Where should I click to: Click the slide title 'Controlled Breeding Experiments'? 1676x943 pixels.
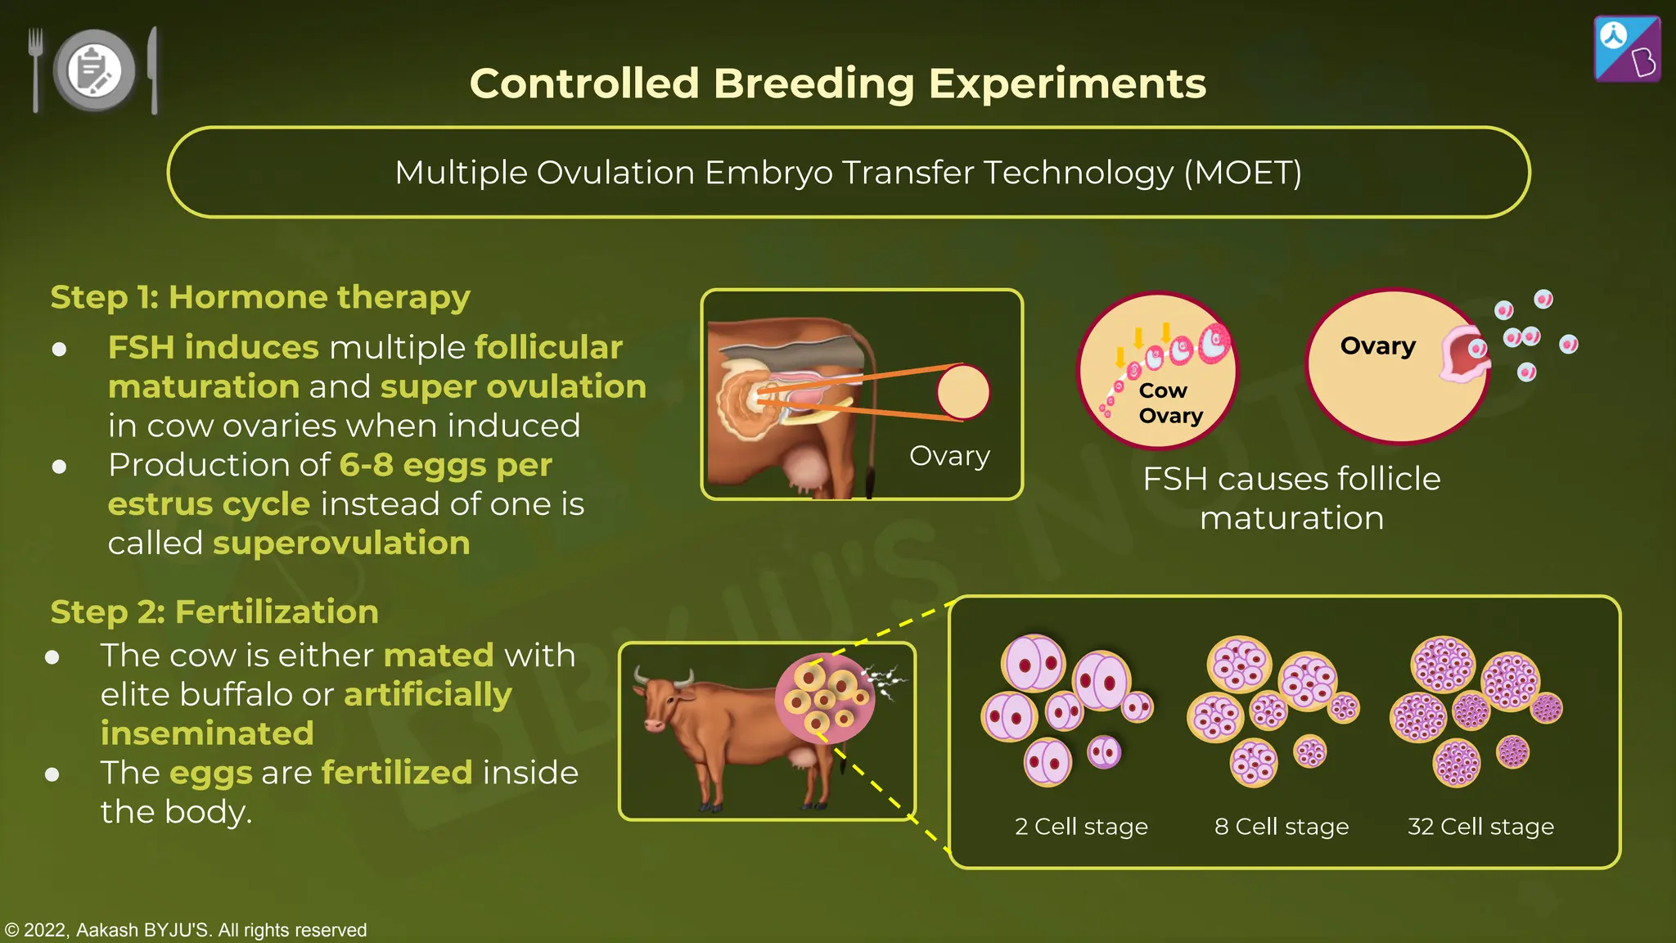click(x=837, y=83)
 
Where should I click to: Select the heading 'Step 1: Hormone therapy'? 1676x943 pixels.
click(x=260, y=297)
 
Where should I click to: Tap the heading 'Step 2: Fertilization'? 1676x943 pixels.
click(x=214, y=612)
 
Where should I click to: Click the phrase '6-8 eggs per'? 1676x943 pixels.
click(x=445, y=465)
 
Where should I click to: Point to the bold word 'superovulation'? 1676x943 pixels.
click(x=341, y=544)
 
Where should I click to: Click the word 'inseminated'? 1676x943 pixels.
click(x=207, y=733)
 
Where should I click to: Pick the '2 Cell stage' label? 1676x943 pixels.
click(x=1081, y=827)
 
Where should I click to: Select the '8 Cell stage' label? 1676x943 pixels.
click(x=1282, y=827)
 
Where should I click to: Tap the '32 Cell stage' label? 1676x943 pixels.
click(x=1480, y=827)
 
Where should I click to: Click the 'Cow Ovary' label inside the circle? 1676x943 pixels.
click(x=1169, y=403)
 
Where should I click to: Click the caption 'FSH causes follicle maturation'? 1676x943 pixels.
click(x=1291, y=498)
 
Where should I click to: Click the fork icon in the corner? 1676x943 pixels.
click(x=35, y=69)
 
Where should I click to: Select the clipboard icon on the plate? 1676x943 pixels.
click(x=94, y=70)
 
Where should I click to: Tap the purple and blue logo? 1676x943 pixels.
click(x=1627, y=49)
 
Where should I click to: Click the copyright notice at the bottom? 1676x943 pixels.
click(x=186, y=930)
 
